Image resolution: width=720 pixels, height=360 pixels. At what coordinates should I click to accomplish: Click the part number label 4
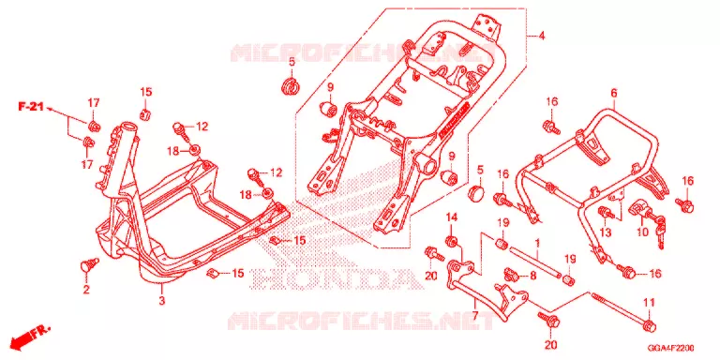coord(542,37)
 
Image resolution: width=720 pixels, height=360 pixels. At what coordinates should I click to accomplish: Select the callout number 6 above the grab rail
coord(613,94)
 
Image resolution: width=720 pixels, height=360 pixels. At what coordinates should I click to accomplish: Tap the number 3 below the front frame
coord(161,301)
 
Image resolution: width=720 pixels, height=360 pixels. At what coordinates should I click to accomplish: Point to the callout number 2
coord(86,290)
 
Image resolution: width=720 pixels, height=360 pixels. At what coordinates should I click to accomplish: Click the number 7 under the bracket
coord(474,315)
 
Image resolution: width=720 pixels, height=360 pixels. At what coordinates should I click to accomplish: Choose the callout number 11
coord(648,303)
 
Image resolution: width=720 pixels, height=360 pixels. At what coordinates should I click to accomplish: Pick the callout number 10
coord(643,232)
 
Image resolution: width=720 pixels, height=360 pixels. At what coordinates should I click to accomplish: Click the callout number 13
coord(606,232)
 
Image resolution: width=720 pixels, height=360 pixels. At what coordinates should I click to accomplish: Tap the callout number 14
coord(451,217)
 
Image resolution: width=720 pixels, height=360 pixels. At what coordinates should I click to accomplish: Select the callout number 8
coord(532,276)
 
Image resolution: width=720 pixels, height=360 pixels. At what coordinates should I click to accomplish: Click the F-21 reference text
coord(31,107)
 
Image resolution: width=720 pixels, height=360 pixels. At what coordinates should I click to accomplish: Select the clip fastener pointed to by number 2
coord(90,265)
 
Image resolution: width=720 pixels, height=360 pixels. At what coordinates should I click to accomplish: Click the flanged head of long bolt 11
coord(650,325)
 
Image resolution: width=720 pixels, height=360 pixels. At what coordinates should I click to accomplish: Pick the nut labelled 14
coord(451,242)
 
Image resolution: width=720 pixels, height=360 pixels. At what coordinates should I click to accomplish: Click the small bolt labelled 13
coord(607,213)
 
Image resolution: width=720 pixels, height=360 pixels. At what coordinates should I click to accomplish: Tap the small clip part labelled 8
coord(512,275)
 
